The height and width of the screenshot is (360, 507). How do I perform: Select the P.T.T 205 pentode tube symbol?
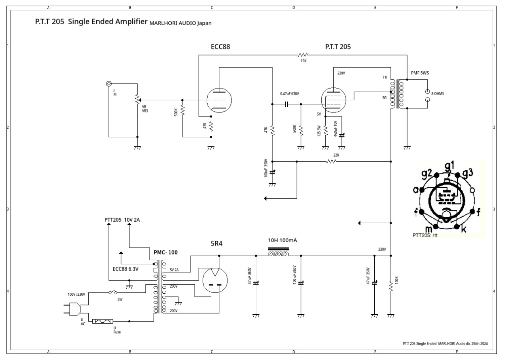pyautogui.click(x=333, y=98)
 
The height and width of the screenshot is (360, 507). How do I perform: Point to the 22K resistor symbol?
pyautogui.click(x=331, y=161)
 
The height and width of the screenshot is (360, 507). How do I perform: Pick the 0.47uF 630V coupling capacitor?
pyautogui.click(x=286, y=104)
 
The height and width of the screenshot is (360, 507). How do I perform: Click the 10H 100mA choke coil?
pyautogui.click(x=278, y=255)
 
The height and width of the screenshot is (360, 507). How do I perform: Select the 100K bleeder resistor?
pyautogui.click(x=391, y=286)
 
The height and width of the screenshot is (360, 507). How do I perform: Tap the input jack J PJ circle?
pyautogui.click(x=108, y=84)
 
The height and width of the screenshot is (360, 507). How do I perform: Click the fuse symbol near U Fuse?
pyautogui.click(x=105, y=322)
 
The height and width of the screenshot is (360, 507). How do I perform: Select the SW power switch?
pyautogui.click(x=113, y=292)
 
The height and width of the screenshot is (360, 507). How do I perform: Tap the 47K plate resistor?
pyautogui.click(x=272, y=131)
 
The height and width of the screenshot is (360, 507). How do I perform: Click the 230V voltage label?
pyautogui.click(x=382, y=250)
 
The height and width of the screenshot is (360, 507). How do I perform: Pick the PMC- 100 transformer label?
pyautogui.click(x=165, y=252)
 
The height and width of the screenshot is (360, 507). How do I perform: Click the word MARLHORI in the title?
pyautogui.click(x=162, y=23)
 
